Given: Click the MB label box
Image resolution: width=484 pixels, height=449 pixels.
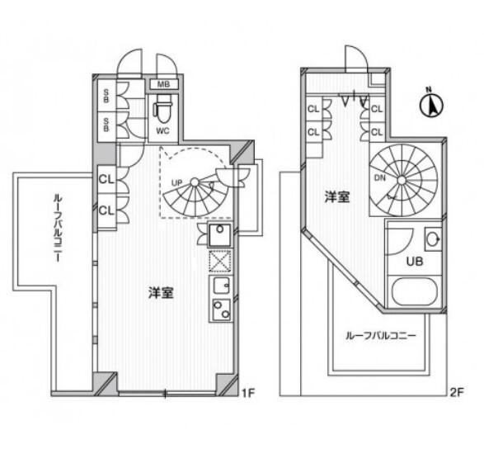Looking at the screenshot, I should click(162, 83).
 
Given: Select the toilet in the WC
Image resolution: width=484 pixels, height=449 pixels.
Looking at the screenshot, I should click(163, 107).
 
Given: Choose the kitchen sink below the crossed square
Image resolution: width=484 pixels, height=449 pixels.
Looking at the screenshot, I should click(220, 286).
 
